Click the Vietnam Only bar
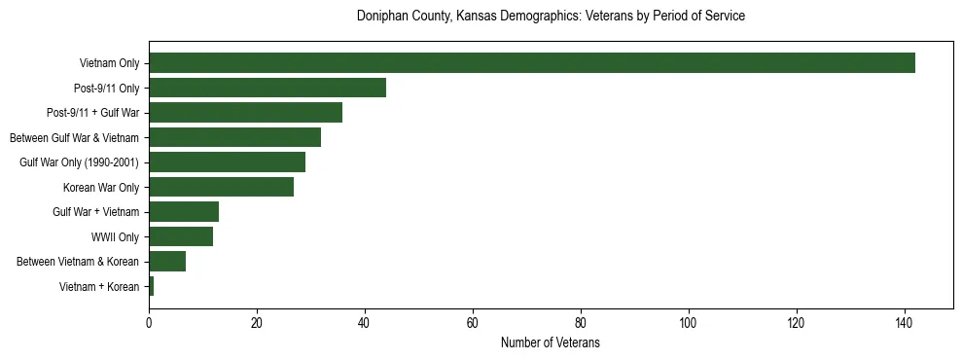tap(532, 63)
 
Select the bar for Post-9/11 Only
tap(267, 88)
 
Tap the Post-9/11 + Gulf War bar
tap(246, 113)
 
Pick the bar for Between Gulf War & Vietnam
tap(235, 137)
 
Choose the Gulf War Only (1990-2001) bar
tap(227, 162)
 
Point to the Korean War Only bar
tap(222, 187)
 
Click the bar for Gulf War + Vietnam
tap(184, 212)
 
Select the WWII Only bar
tap(181, 236)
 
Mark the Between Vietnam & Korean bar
tap(167, 262)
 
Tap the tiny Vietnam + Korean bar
tap(152, 286)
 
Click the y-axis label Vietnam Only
tap(109, 64)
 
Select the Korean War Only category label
tap(101, 188)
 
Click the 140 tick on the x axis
tap(905, 324)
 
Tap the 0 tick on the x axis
tap(149, 324)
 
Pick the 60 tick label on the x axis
tap(473, 324)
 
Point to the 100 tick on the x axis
tap(689, 324)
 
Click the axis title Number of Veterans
tap(550, 343)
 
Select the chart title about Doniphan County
tap(551, 17)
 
